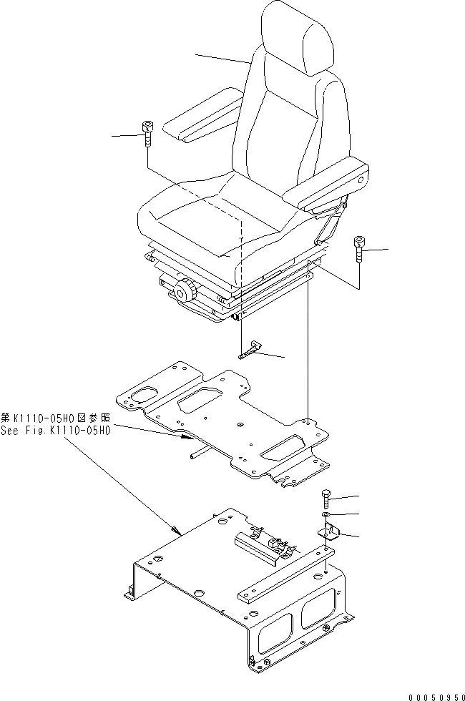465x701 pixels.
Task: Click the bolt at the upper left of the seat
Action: click(x=148, y=133)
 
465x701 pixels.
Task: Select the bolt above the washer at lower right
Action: click(x=326, y=499)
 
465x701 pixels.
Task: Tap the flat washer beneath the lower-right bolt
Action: click(x=326, y=516)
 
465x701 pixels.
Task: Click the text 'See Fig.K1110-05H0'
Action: click(x=56, y=431)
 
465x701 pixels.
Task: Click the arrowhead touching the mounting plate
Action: click(x=185, y=436)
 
